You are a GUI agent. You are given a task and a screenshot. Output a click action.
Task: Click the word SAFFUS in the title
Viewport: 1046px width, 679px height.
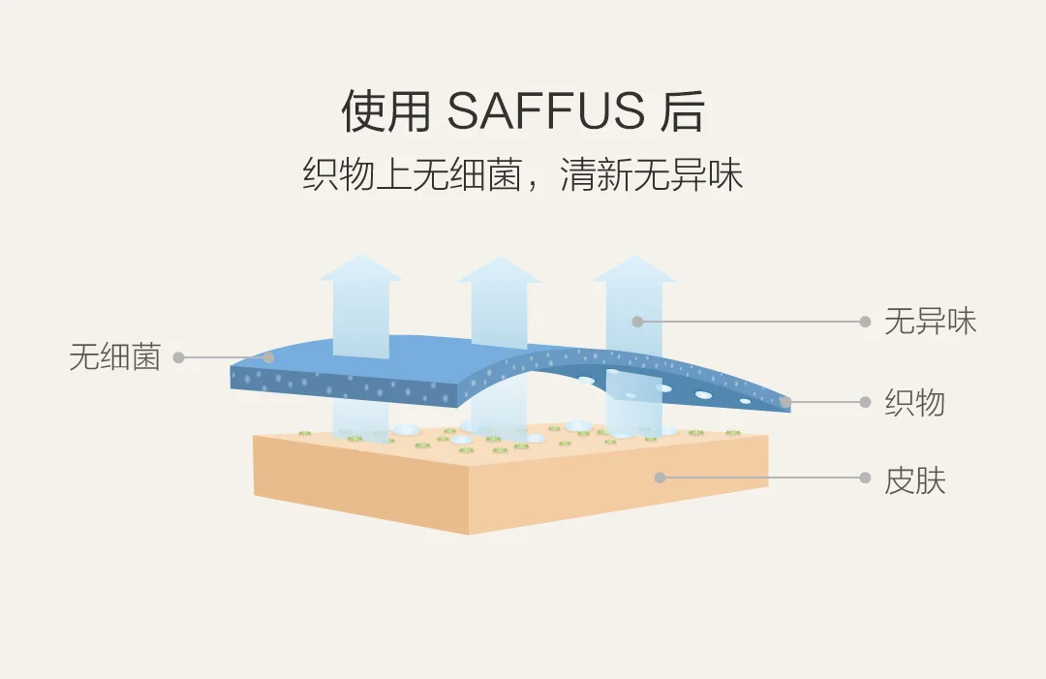pyautogui.click(x=545, y=112)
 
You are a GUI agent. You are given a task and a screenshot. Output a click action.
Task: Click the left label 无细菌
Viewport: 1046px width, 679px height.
pyautogui.click(x=114, y=357)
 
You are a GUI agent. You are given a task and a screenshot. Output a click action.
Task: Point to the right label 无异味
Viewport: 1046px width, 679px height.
pyautogui.click(x=930, y=322)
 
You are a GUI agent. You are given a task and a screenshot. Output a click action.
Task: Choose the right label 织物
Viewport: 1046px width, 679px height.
pyautogui.click(x=914, y=402)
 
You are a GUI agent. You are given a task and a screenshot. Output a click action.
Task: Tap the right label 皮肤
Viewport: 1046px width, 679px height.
pyautogui.click(x=914, y=479)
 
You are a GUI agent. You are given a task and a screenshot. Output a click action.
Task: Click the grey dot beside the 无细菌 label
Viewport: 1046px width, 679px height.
pyautogui.click(x=179, y=357)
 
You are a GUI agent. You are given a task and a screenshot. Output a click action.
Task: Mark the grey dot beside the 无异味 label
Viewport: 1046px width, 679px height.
pyautogui.click(x=865, y=322)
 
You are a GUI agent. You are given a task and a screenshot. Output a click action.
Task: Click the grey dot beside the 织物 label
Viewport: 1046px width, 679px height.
pyautogui.click(x=865, y=401)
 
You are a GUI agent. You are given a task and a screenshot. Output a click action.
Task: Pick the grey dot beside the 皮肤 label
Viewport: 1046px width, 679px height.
pyautogui.click(x=865, y=478)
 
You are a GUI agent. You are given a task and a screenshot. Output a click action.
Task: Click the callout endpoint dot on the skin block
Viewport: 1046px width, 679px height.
pyautogui.click(x=660, y=478)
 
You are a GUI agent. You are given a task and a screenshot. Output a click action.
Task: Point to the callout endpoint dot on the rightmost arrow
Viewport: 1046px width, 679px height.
pyautogui.click(x=637, y=322)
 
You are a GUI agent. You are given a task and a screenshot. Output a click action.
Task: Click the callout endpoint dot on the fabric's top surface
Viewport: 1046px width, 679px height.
pyautogui.click(x=270, y=357)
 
